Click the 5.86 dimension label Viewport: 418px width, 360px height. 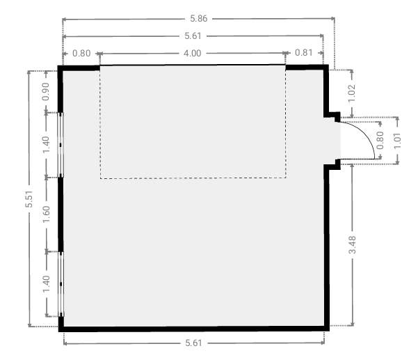tap(199, 18)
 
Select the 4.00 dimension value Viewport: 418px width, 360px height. tap(192, 54)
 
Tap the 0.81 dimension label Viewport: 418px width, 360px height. tap(304, 52)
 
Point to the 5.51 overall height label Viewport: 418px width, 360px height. tap(29, 199)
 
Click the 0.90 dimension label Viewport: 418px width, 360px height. tap(46, 91)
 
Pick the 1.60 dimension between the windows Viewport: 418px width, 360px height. tap(46, 214)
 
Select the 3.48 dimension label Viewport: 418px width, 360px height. tap(352, 244)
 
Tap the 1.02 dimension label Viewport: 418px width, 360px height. tap(352, 93)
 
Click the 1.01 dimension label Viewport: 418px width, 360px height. tap(397, 141)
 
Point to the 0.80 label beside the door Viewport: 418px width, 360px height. tap(380, 141)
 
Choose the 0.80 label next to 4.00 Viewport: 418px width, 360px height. tap(81, 54)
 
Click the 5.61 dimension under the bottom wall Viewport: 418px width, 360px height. tap(193, 343)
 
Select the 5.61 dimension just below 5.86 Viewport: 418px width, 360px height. tap(193, 36)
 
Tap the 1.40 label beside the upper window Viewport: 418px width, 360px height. tap(46, 145)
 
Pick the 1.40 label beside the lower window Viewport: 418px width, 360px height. tap(46, 284)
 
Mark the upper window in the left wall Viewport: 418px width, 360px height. tap(61, 145)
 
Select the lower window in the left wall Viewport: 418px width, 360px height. tap(61, 284)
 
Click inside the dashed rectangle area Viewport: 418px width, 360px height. tap(193, 122)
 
